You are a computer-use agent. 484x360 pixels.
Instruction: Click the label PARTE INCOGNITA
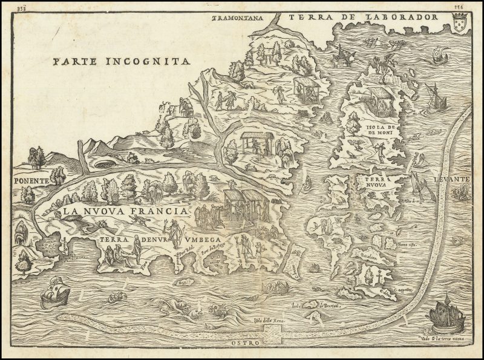121,61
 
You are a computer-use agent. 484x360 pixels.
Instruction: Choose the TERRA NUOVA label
378,184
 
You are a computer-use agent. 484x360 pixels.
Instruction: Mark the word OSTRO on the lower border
244,343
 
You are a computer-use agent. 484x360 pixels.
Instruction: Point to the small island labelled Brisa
181,282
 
